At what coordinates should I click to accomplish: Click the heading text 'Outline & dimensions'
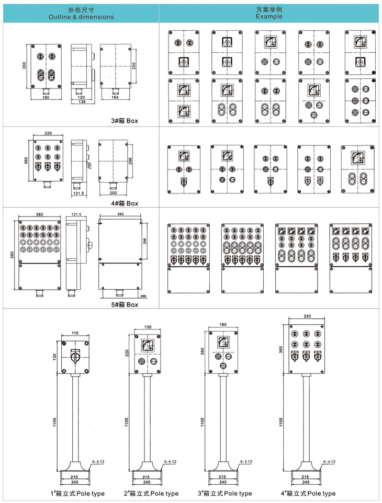pos(81,17)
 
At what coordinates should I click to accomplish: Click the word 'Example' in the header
pos(269,16)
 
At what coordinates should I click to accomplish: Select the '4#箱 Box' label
pos(126,203)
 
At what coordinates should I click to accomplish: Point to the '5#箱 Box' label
pos(126,304)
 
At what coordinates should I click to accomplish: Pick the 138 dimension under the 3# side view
pos(81,102)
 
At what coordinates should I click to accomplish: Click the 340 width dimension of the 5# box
pos(120,215)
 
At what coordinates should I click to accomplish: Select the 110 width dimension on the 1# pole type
pos(74,333)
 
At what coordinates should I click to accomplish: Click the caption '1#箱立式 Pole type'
pos(77,493)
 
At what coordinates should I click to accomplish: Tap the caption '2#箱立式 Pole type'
pos(151,493)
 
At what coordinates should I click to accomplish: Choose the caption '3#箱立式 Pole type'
pos(224,493)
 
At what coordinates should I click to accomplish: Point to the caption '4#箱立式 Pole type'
pos(308,493)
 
